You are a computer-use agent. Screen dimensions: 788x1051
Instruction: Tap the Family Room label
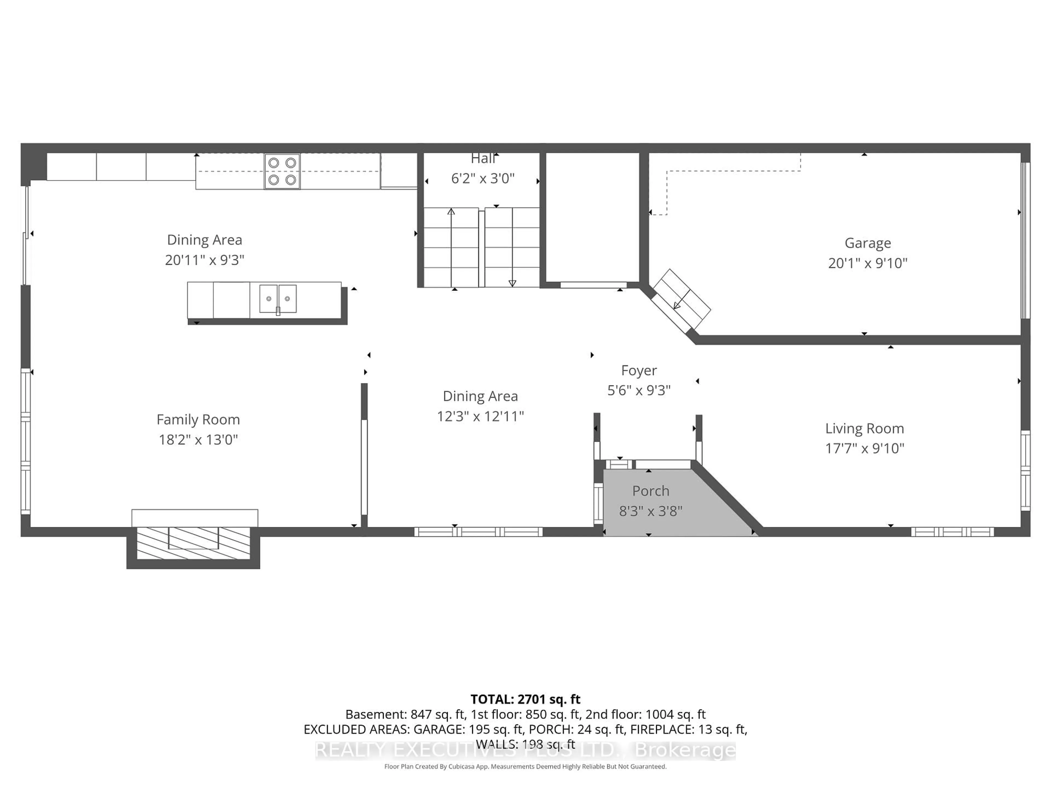(198, 420)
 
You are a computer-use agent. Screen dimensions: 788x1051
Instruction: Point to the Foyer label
(639, 370)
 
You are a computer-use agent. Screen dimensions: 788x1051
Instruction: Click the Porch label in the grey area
(651, 491)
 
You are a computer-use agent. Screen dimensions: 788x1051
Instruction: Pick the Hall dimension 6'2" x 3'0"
(483, 179)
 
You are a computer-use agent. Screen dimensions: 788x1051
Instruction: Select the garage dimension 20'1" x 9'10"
(868, 263)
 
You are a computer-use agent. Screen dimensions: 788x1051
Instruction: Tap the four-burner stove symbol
(282, 172)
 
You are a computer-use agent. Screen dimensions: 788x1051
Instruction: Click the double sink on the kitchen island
(278, 299)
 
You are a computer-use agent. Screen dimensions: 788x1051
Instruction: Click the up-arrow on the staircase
(451, 212)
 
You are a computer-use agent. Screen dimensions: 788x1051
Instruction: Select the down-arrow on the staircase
(512, 283)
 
